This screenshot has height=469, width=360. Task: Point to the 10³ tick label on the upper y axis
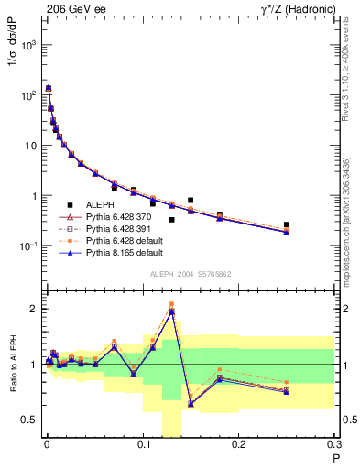click(28, 45)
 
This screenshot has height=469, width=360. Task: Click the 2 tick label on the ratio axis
click(35, 309)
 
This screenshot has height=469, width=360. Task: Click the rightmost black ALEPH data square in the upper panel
click(287, 224)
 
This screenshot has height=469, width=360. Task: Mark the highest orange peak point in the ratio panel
click(171, 304)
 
